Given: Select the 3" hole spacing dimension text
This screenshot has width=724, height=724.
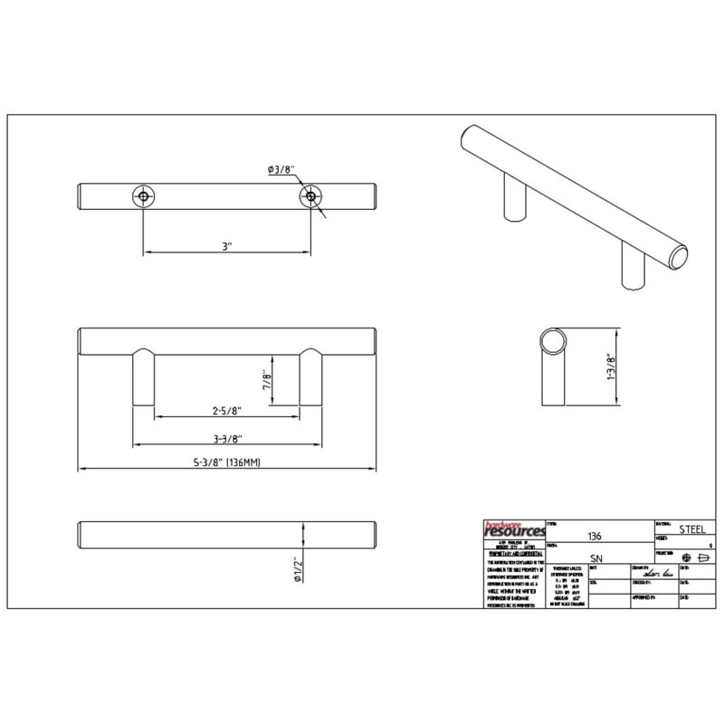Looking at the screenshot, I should [x=227, y=245].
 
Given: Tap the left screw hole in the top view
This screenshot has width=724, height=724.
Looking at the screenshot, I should [x=143, y=195].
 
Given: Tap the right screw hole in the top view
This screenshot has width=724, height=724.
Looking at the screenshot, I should [x=311, y=195].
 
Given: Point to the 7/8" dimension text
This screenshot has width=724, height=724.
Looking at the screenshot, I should [x=267, y=379].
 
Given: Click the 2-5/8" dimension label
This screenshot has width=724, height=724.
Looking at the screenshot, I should [x=227, y=411].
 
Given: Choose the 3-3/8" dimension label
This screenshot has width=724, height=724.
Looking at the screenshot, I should [x=226, y=440].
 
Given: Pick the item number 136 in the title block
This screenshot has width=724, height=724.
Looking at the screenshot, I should [x=595, y=536].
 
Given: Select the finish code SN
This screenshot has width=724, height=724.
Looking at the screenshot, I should [x=595, y=558].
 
